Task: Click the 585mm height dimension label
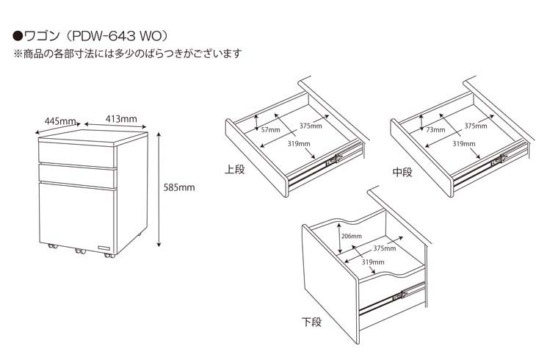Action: tap(179, 187)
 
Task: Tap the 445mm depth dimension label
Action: tap(60, 121)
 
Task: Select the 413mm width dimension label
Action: tap(121, 119)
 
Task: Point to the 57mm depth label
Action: tap(270, 130)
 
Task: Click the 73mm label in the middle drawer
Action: tap(435, 130)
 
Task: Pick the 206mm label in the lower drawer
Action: tap(352, 236)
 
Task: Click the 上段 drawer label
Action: tap(234, 170)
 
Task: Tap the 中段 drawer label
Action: tap(402, 172)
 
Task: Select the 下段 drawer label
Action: tap(311, 322)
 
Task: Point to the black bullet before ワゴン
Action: tap(18, 35)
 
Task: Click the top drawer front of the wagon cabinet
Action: tap(78, 154)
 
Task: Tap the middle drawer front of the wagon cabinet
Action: tap(76, 176)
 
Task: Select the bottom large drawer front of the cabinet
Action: tap(76, 217)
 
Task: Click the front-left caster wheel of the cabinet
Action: tap(53, 245)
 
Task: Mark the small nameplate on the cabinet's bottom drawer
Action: tap(104, 248)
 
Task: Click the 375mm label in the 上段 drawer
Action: tap(311, 126)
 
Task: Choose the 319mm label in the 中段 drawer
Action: tap(464, 144)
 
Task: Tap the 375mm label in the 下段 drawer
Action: tap(385, 248)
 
